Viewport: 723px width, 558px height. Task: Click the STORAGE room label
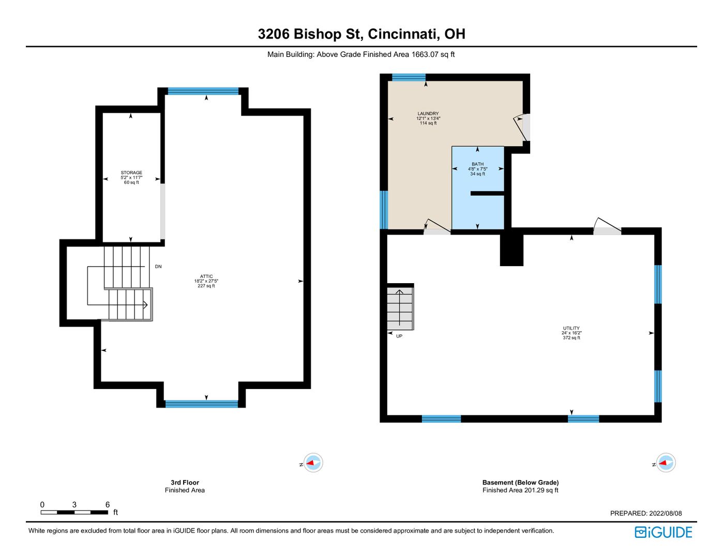pos(131,173)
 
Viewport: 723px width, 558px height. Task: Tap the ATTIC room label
pos(206,276)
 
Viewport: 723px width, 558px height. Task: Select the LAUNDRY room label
pos(428,113)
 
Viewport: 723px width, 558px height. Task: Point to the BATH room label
pos(477,164)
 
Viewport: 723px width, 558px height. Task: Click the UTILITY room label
pos(571,328)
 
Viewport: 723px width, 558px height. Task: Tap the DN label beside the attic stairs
pos(158,267)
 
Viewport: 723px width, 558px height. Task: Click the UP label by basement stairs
pos(399,336)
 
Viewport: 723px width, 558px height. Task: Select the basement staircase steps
pos(400,308)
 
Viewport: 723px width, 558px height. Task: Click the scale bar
pos(74,512)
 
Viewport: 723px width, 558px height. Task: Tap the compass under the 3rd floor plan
pos(313,462)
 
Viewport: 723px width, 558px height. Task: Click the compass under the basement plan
pos(666,462)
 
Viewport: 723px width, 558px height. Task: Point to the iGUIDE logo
pos(663,532)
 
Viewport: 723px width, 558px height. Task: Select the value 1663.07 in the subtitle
pos(425,54)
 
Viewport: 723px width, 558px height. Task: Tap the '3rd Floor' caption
pos(185,482)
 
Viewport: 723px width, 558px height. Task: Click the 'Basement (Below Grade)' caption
pos(520,482)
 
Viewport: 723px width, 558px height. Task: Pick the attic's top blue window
pos(203,91)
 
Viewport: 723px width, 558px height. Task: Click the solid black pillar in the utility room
pos(511,250)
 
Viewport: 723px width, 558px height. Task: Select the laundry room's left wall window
pos(384,210)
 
